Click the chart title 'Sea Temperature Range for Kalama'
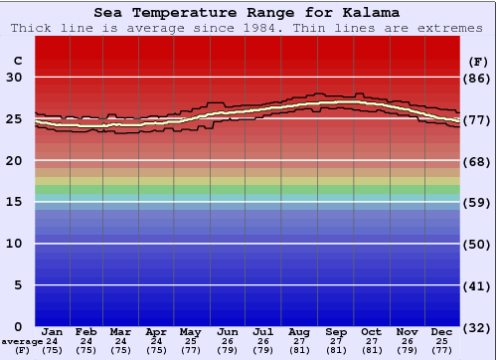[x=248, y=13]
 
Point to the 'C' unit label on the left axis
[x=16, y=61]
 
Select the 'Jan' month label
[x=53, y=331]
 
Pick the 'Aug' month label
[x=299, y=331]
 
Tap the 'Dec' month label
[x=442, y=331]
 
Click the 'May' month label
[x=189, y=331]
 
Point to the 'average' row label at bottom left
[x=22, y=341]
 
